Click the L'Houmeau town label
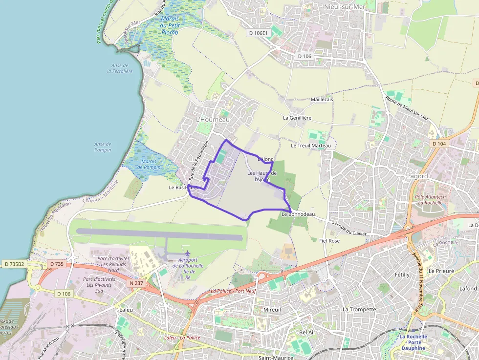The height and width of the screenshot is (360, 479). [x=212, y=119]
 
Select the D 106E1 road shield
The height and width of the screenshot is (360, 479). [x=258, y=33]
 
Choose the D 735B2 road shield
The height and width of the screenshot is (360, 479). [x=14, y=264]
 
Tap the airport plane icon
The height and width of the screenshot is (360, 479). [x=188, y=253]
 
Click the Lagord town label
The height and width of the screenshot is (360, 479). [x=417, y=176]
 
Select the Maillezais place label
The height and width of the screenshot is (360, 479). [x=322, y=99]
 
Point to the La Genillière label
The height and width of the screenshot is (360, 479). [x=297, y=118]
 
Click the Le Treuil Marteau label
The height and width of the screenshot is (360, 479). [x=311, y=146]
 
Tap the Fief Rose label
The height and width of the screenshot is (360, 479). [x=329, y=241]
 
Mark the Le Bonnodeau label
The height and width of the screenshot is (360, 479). [x=298, y=214]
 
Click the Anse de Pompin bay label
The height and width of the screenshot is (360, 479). [x=103, y=147]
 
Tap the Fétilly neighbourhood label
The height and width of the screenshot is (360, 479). [x=402, y=275]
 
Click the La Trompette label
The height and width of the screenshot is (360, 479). [x=359, y=309]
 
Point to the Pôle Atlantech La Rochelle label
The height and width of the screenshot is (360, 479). [x=430, y=199]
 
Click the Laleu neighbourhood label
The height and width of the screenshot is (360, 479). [x=126, y=310]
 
